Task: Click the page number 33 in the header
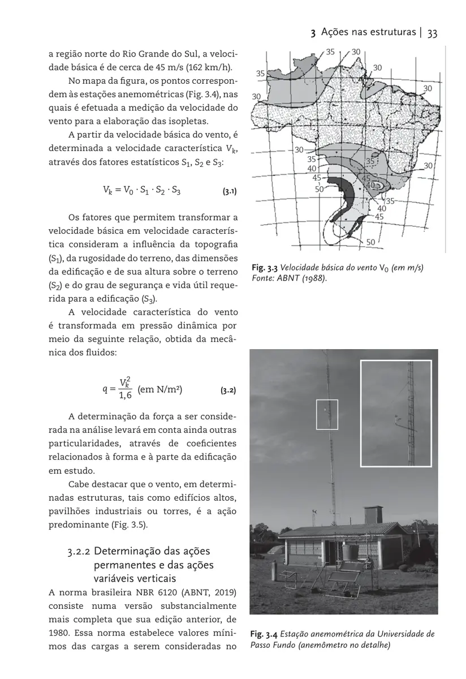pos(432,33)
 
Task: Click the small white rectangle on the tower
pos(327,414)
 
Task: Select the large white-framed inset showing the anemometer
pos(396,412)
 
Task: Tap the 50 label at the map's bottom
pos(370,242)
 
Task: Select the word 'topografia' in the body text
pos(215,244)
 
